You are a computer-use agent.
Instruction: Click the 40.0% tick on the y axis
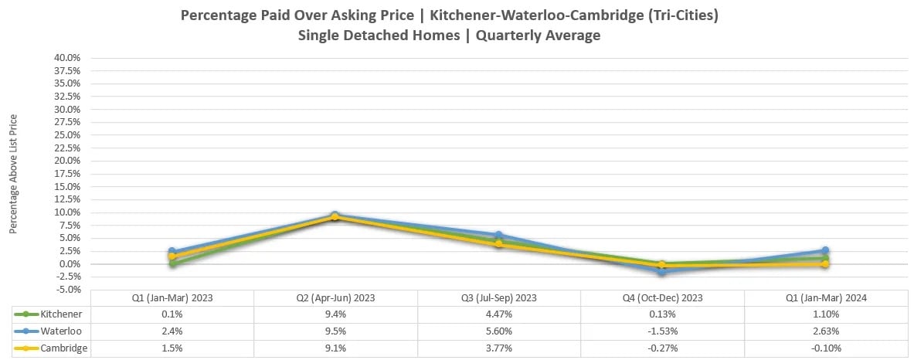click(68, 58)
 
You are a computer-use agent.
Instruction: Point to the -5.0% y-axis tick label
click(68, 290)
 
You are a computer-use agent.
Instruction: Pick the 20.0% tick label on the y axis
click(68, 161)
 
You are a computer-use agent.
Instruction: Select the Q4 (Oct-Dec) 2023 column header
click(662, 298)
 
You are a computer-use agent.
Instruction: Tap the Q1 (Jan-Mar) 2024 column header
click(825, 298)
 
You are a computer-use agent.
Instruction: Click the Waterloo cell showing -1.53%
click(662, 331)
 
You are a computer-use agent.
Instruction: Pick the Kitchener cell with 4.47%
click(498, 314)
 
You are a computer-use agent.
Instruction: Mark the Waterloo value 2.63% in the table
click(825, 331)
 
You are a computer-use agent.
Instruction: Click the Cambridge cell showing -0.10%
click(825, 348)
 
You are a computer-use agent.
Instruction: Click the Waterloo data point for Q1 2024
click(825, 251)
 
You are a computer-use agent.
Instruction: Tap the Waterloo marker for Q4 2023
click(662, 272)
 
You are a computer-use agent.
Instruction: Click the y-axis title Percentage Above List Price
click(13, 174)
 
